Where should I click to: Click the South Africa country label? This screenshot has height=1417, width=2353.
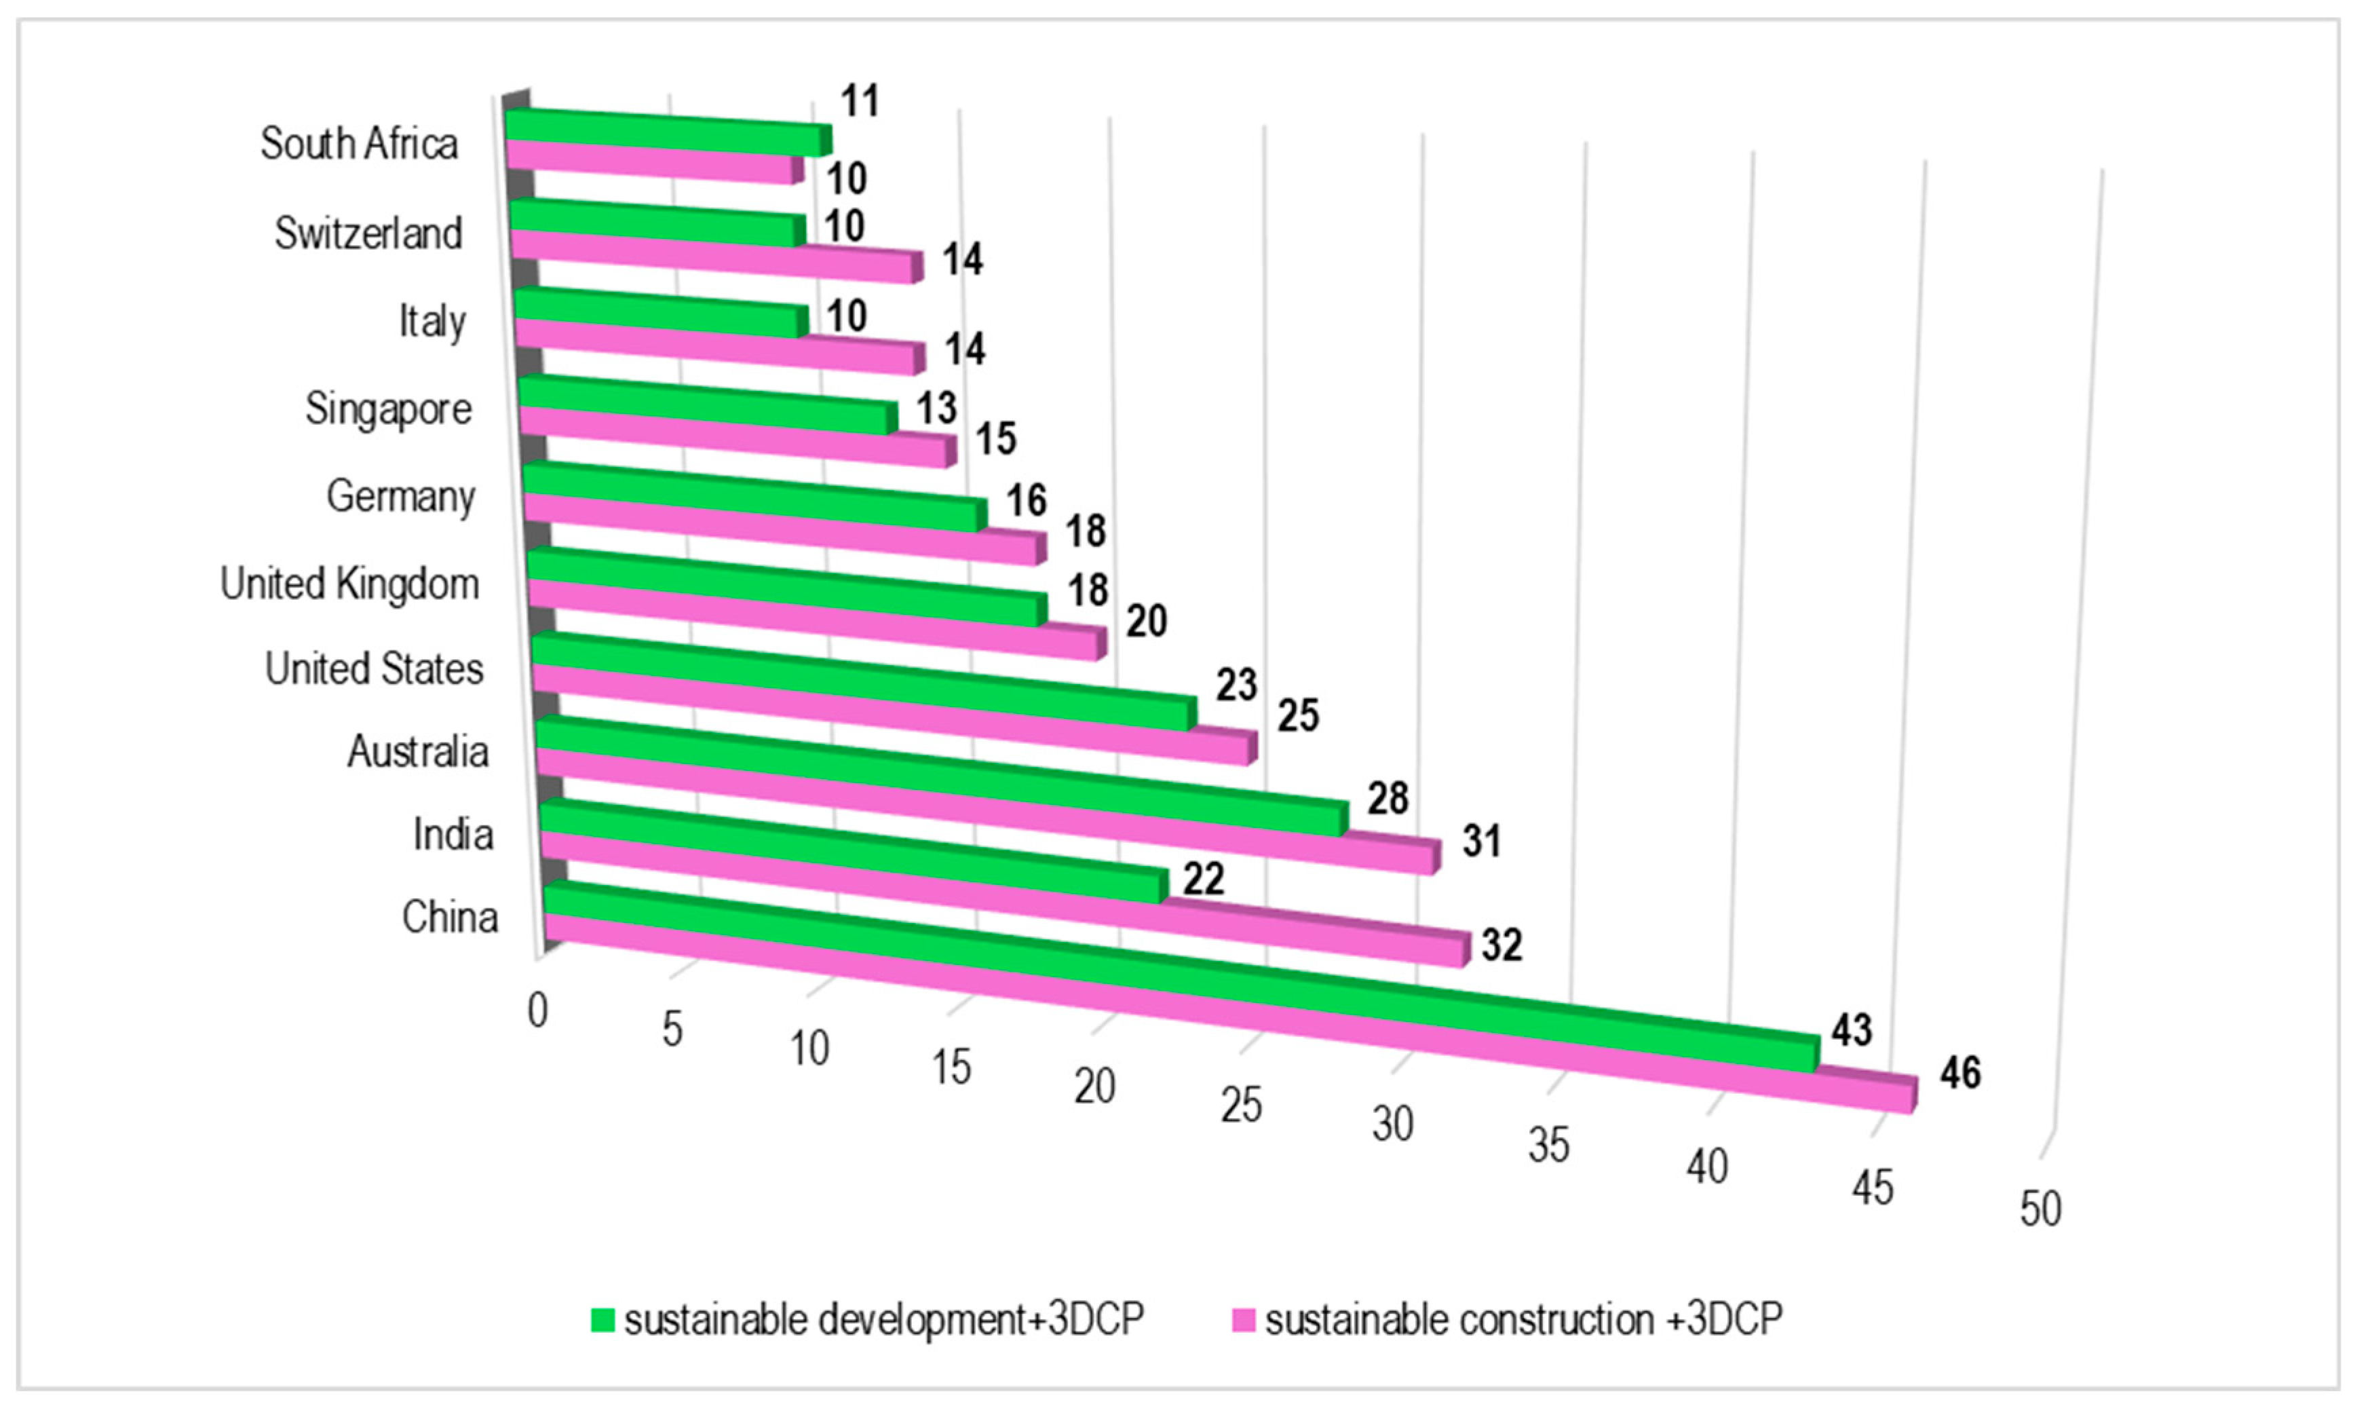point(359,144)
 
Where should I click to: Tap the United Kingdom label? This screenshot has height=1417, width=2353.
point(349,584)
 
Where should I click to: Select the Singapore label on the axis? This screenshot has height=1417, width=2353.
point(389,409)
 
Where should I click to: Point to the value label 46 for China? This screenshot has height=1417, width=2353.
point(1959,1073)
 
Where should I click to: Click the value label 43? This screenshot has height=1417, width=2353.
point(1851,1029)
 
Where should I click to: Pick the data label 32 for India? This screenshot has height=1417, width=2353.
point(1501,945)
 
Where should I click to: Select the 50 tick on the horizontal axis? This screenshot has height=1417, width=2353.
point(2040,1209)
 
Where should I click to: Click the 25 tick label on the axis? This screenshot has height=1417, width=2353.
point(1241,1105)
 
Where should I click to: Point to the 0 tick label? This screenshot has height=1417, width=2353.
point(537,1010)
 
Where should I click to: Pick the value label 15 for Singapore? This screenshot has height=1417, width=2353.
point(995,439)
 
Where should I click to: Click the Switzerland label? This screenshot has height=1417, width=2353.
point(368,233)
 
